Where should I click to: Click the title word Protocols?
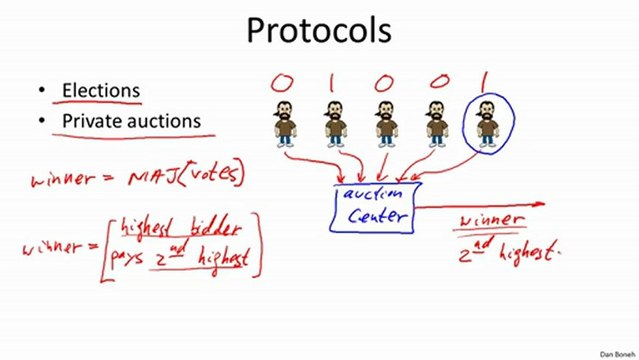(x=319, y=31)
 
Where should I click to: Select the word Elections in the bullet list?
(x=101, y=90)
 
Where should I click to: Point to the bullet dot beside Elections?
(x=42, y=90)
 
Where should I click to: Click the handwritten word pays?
(x=126, y=258)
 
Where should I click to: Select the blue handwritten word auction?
(x=373, y=194)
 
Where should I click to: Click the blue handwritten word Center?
(x=377, y=215)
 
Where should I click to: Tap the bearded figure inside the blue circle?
(x=488, y=124)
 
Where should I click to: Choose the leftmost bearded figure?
(x=285, y=124)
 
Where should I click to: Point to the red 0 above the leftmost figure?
(x=282, y=83)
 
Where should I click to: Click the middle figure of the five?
(x=386, y=124)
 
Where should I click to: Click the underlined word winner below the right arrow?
(x=491, y=221)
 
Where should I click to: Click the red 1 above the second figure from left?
(x=331, y=83)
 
